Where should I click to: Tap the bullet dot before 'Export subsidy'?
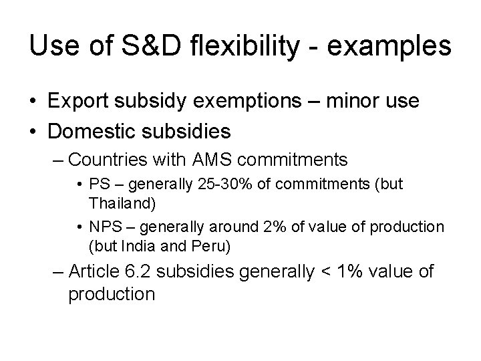33,102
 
